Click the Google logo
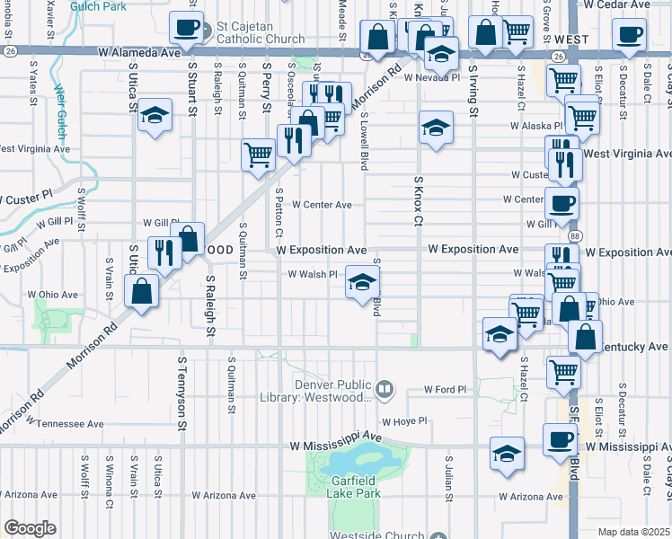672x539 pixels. [x=30, y=528]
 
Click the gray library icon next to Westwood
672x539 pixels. [x=385, y=388]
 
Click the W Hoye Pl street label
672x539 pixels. [x=403, y=420]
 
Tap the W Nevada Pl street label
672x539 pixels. [x=431, y=78]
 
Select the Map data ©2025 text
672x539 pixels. [x=633, y=532]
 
